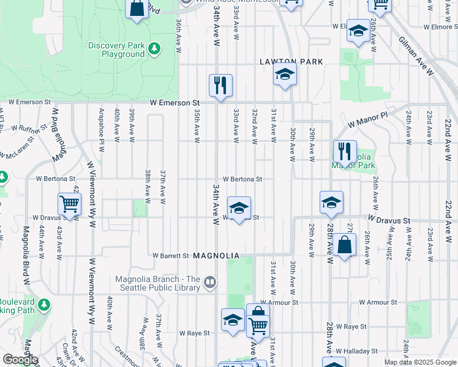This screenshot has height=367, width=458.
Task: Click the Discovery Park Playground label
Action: pyautogui.click(x=116, y=50)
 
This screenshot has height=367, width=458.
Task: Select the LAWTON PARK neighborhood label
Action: pyautogui.click(x=291, y=62)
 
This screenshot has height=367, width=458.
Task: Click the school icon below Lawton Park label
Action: pyautogui.click(x=285, y=75)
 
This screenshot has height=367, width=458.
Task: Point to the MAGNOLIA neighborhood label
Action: pyautogui.click(x=215, y=255)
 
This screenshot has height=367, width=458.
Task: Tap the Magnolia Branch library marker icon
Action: pyautogui.click(x=211, y=282)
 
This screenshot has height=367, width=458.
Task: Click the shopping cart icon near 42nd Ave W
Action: pyautogui.click(x=70, y=204)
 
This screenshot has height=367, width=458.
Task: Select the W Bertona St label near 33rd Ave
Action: pyautogui.click(x=242, y=179)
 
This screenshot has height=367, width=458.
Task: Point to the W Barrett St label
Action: pyautogui.click(x=170, y=256)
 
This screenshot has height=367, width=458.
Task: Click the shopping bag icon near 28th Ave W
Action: pyautogui.click(x=344, y=246)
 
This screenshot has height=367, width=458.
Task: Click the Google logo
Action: pyautogui.click(x=20, y=359)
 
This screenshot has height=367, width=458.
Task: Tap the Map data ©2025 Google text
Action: pyautogui.click(x=420, y=362)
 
